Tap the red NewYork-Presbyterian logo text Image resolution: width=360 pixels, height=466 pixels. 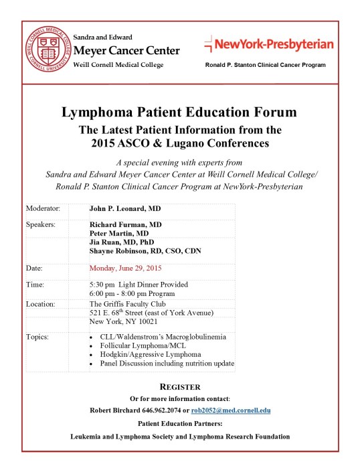point(268,44)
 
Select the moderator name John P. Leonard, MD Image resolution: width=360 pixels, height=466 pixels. point(127,208)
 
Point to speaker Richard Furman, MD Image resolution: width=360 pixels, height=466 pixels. point(125,224)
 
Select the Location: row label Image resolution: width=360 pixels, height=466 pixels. point(41,303)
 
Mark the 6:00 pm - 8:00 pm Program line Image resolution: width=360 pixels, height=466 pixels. point(132,293)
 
